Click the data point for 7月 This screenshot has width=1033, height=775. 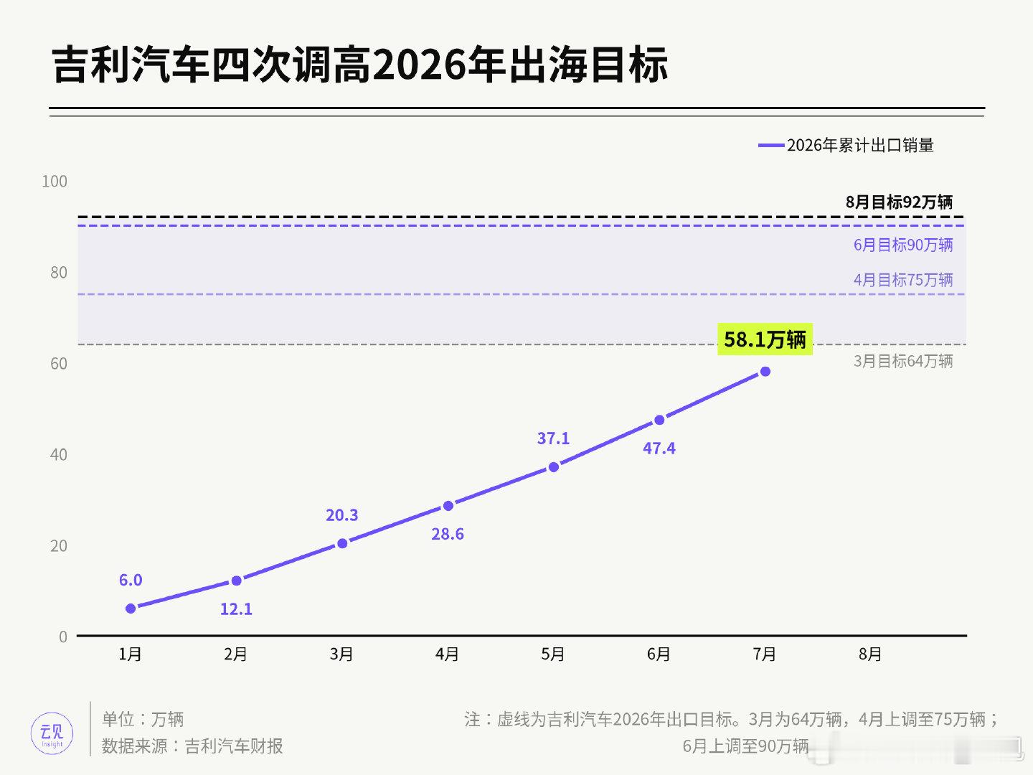765,372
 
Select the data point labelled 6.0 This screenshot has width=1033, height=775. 131,609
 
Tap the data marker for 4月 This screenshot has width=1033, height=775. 448,506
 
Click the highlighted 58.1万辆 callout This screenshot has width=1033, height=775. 765,339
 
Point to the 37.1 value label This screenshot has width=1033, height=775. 553,438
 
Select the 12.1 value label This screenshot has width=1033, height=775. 236,609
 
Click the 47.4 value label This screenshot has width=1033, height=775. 659,448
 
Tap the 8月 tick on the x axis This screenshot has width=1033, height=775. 870,654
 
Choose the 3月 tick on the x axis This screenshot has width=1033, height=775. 341,654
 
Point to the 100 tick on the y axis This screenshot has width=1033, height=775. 55,182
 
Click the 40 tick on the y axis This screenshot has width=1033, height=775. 59,454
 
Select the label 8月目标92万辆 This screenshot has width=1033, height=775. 899,202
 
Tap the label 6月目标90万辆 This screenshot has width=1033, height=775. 903,245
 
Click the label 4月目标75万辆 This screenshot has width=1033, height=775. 903,281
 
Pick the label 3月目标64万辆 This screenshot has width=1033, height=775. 903,362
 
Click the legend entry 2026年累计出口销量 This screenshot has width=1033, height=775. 846,146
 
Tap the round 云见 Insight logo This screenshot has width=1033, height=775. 52,733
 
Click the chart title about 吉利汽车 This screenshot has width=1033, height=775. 360,65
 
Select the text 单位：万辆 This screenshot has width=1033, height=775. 143,720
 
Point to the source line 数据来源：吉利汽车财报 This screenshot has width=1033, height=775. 192,746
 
